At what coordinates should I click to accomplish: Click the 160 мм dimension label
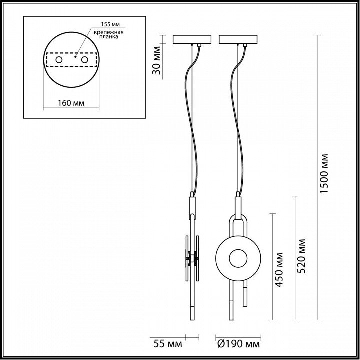[71, 103]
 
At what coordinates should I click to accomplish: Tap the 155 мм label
[110, 24]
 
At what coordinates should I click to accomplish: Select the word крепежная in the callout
[109, 32]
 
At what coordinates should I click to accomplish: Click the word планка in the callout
[109, 37]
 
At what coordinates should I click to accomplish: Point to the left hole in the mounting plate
[59, 60]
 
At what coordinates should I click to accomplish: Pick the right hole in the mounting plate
[84, 60]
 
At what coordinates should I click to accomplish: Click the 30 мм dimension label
[157, 60]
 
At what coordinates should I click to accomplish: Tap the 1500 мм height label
[324, 174]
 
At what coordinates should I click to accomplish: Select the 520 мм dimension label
[301, 256]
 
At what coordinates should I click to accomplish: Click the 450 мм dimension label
[279, 270]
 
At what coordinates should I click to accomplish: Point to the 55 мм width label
[168, 344]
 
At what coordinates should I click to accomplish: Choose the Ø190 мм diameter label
[239, 344]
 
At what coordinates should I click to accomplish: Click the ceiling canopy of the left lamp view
[192, 39]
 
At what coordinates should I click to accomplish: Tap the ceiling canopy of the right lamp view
[238, 39]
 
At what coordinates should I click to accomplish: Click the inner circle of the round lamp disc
[238, 258]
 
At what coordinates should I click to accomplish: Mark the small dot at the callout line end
[75, 56]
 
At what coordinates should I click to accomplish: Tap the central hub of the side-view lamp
[192, 258]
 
